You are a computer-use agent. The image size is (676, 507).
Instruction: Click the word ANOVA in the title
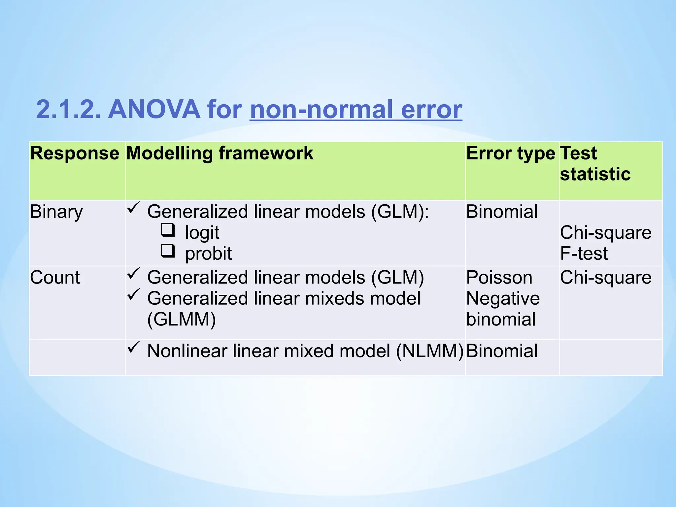[154, 110]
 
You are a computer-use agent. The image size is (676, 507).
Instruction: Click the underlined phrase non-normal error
[356, 110]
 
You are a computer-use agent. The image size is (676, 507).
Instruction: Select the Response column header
[75, 153]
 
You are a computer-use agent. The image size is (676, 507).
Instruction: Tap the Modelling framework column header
[220, 153]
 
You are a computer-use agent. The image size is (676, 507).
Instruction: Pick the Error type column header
[510, 153]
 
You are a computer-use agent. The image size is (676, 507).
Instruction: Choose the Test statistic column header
[595, 164]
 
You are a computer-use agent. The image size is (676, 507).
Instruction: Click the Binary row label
[56, 212]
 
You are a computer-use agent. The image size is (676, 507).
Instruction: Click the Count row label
[55, 277]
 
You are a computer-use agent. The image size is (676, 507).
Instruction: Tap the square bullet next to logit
[168, 230]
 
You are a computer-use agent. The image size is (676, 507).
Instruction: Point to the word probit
[208, 253]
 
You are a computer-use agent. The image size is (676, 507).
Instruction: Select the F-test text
[584, 253]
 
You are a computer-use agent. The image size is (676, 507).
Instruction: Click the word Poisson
[499, 277]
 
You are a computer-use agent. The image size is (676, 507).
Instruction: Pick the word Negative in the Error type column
[503, 298]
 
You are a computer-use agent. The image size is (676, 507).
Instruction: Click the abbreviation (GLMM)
[182, 320]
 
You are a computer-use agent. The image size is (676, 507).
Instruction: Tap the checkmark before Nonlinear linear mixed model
[134, 347]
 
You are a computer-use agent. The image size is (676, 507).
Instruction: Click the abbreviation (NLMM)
[430, 351]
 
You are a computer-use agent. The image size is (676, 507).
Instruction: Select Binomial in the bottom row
[502, 351]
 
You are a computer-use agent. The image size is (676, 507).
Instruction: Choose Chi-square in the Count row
[606, 277]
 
